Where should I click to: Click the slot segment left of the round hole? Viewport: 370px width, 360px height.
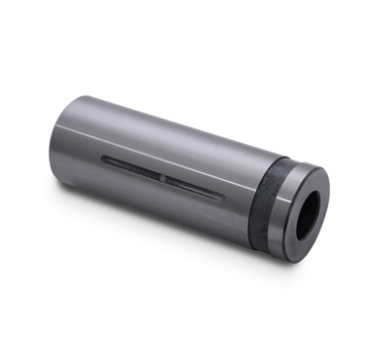[131, 168]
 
